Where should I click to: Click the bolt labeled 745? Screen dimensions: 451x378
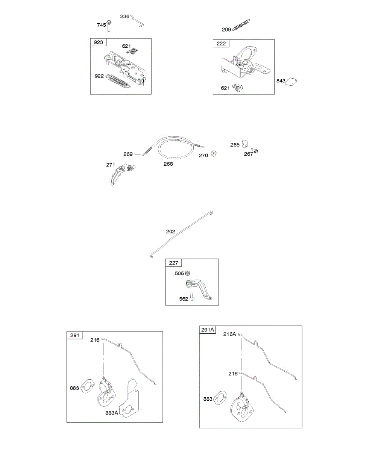(x=109, y=26)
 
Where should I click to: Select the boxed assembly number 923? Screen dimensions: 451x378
(x=98, y=42)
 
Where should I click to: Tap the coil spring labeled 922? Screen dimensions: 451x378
(x=118, y=82)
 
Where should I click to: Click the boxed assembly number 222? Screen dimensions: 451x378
(x=221, y=44)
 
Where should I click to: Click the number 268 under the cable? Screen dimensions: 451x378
(x=168, y=164)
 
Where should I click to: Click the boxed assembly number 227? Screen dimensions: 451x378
(x=174, y=263)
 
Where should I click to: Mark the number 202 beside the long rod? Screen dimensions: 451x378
(x=170, y=232)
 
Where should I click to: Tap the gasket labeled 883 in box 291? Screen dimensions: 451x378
(x=88, y=386)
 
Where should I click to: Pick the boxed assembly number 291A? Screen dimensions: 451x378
(x=208, y=330)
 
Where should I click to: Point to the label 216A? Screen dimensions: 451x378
(x=229, y=334)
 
